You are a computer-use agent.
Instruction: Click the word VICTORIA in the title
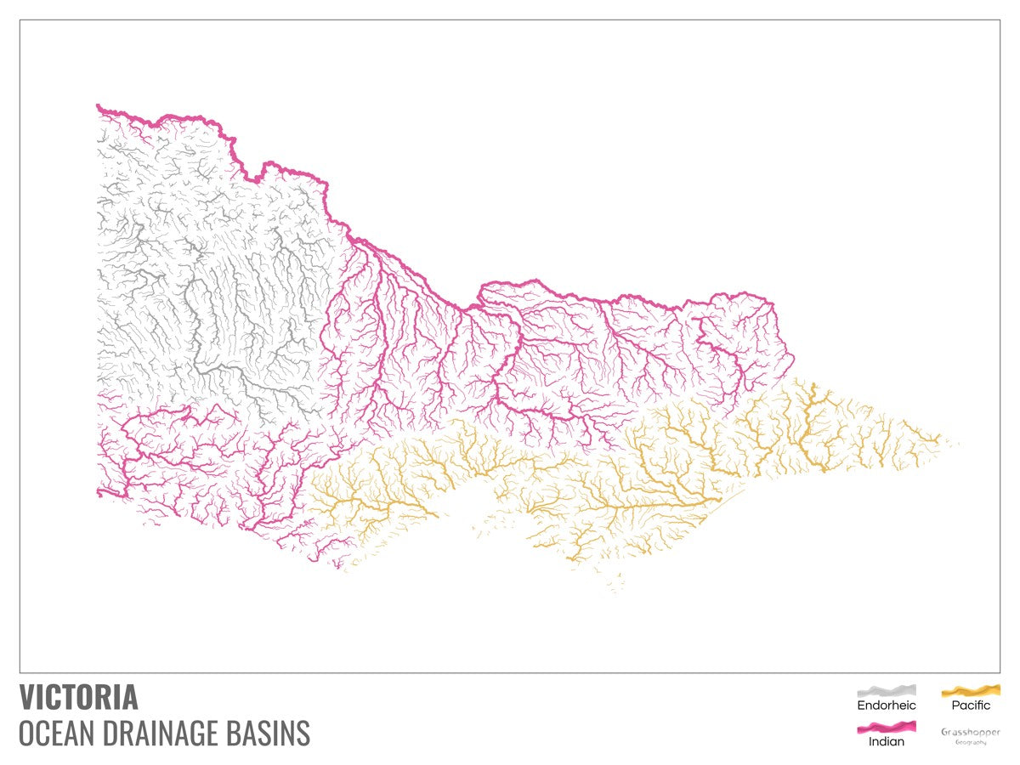tap(78, 697)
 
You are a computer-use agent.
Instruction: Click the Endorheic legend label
tap(886, 705)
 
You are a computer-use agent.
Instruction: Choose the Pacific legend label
tap(971, 705)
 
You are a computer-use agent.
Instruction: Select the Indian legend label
tap(886, 741)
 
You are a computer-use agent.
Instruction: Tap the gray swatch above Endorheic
tap(886, 690)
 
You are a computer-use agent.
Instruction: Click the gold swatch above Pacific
tap(971, 690)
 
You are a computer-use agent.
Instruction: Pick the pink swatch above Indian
tap(886, 727)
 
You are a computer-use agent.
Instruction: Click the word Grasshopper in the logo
tap(971, 732)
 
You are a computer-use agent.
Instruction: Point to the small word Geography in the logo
tap(971, 742)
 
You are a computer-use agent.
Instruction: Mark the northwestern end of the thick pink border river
tap(99, 106)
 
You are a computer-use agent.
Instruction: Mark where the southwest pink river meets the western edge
tap(99, 491)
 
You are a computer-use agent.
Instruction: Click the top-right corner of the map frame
tap(1000, 20)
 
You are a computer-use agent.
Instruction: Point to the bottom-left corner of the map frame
tap(20, 672)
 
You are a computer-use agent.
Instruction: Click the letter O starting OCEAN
tap(27, 733)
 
